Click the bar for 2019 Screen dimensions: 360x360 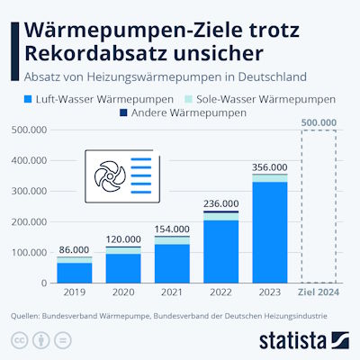[74, 271]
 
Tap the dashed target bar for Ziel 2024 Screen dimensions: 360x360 [319, 207]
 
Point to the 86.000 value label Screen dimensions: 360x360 [74, 249]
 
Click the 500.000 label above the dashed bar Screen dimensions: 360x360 [319, 121]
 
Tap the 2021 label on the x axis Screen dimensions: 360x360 [172, 292]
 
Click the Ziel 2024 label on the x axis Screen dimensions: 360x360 [319, 292]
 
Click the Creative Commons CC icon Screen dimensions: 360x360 [18, 340]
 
